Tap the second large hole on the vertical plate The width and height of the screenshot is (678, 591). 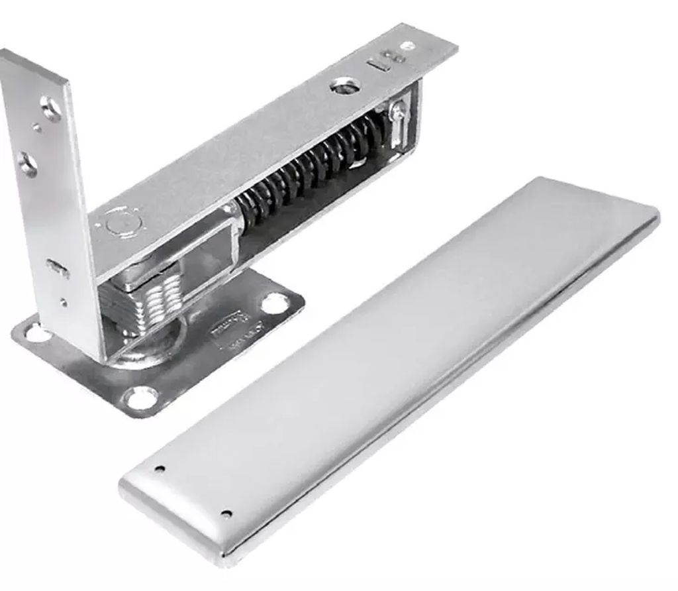click(x=28, y=164)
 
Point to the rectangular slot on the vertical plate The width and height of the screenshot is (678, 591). click(x=58, y=268)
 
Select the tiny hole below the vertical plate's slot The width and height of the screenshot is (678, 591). click(x=63, y=303)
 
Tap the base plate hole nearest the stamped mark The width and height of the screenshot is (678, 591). click(x=274, y=303)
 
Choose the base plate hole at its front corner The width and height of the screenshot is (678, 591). click(x=142, y=398)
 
